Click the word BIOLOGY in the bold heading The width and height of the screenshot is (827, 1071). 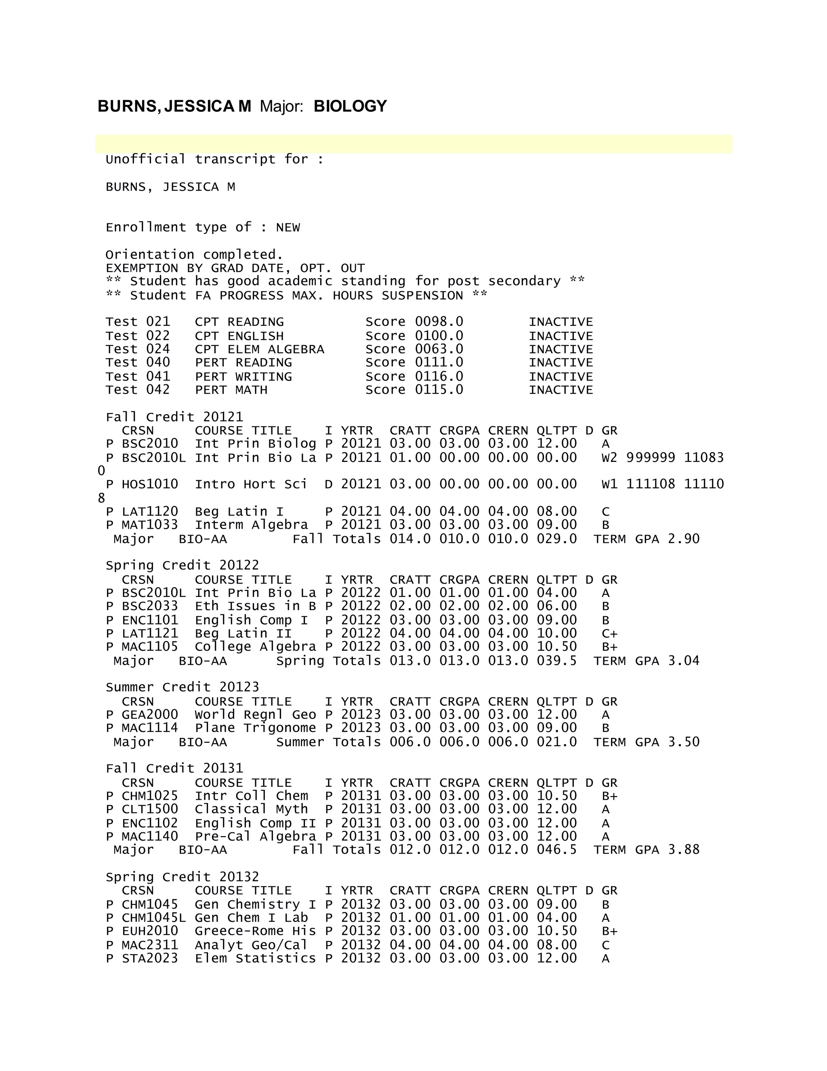click(350, 106)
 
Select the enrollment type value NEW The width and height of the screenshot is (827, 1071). click(288, 228)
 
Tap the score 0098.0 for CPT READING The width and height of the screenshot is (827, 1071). click(439, 322)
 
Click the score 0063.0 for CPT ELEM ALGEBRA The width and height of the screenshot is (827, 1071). click(439, 349)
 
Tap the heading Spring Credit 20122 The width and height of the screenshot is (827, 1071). click(182, 565)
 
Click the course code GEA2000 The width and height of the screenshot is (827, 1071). click(150, 715)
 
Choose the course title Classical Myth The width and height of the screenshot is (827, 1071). click(251, 810)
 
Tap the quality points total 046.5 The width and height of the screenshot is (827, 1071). click(556, 850)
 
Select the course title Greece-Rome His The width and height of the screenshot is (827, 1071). click(255, 931)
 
